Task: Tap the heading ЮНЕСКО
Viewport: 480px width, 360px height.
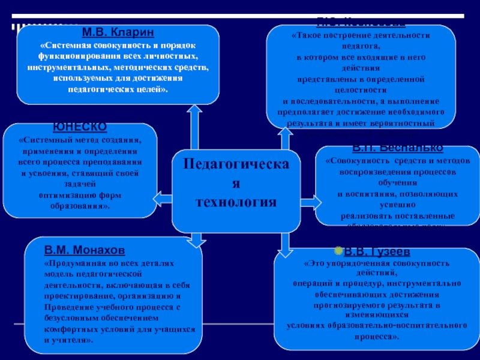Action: pyautogui.click(x=80, y=127)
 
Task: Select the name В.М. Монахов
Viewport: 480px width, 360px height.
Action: pyautogui.click(x=85, y=250)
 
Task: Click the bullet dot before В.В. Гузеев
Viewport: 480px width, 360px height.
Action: pyautogui.click(x=338, y=250)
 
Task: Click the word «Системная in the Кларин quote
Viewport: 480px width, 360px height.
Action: pyautogui.click(x=64, y=46)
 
